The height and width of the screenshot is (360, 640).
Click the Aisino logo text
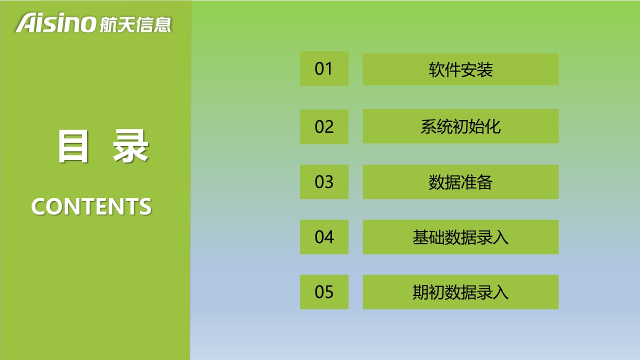55,22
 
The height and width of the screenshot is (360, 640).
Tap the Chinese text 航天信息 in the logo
135,24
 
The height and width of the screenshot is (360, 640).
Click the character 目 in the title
73,146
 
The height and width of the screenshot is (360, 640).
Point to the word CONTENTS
91,206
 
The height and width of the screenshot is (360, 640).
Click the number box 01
324,68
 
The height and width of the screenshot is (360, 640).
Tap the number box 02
324,126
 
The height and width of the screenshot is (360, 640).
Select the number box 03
324,181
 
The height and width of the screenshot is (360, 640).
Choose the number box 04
324,237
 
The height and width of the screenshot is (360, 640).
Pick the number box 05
324,292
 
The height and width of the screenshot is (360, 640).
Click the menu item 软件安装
460,69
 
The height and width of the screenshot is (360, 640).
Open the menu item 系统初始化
460,126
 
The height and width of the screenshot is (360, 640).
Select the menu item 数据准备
460,181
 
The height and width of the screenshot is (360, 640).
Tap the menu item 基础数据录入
460,237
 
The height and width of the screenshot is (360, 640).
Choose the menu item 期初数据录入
460,292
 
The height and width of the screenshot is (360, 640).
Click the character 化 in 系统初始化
492,126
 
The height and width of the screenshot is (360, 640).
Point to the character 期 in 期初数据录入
420,292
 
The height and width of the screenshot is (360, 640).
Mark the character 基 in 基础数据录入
420,237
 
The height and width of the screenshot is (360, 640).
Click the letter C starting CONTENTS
38,206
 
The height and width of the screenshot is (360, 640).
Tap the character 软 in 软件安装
436,69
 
